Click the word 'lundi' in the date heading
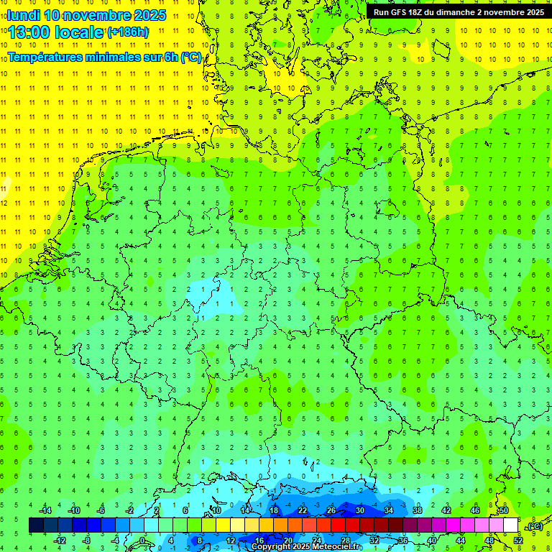23,15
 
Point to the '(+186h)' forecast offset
128,32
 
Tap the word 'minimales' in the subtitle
122,57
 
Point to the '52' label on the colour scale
518,540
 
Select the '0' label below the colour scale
142,540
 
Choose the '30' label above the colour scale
360,510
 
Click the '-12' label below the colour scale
60,540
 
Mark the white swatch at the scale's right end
511,525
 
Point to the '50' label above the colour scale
504,510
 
